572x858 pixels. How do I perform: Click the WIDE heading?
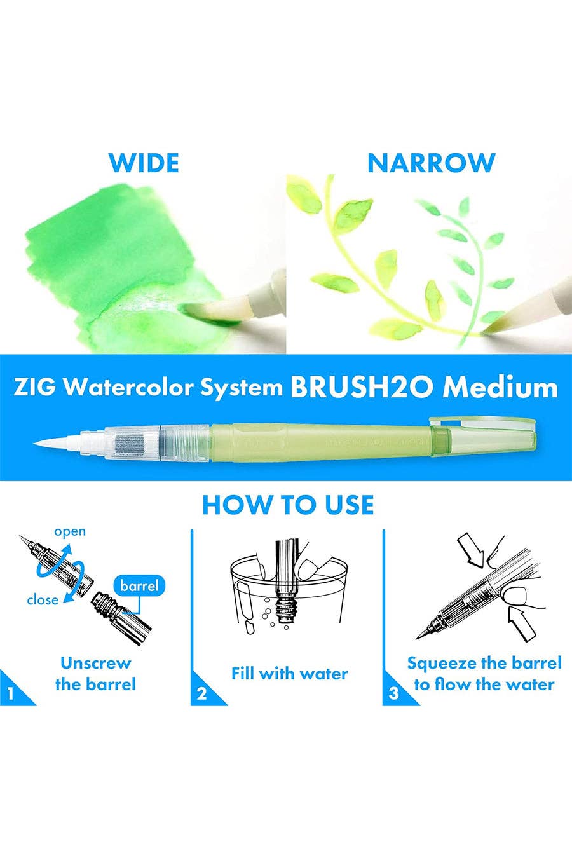(x=144, y=163)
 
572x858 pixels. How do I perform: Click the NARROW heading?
(x=432, y=163)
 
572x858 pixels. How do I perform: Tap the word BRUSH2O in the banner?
(x=362, y=388)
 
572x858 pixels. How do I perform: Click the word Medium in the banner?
(x=500, y=388)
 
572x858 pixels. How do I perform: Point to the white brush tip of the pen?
(x=57, y=443)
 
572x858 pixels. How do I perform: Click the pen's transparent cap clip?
(x=483, y=423)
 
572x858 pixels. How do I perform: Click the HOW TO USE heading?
(x=288, y=505)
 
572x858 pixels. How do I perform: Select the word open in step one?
(x=70, y=532)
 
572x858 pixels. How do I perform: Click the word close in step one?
(x=43, y=599)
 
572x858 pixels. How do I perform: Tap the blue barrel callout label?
(x=139, y=585)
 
